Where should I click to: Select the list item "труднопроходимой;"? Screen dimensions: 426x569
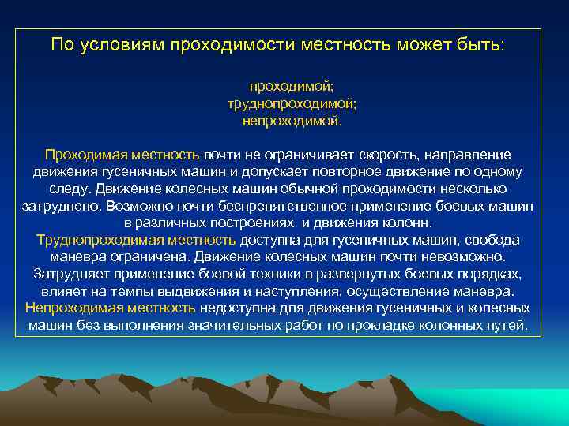pyautogui.click(x=292, y=103)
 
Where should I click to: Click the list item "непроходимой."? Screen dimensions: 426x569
pyautogui.click(x=292, y=121)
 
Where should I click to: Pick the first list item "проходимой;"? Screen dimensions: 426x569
pyautogui.click(x=292, y=86)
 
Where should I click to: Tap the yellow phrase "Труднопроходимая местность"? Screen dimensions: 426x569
pyautogui.click(x=136, y=240)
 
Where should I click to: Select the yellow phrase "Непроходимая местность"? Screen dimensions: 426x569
pyautogui.click(x=110, y=308)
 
